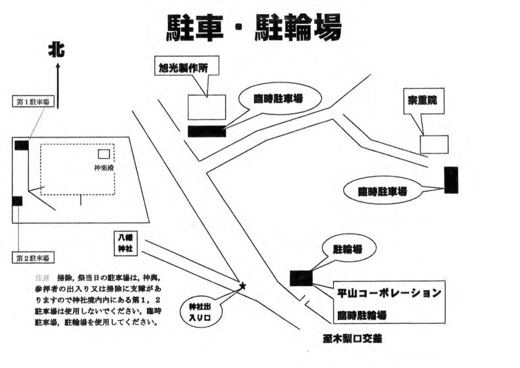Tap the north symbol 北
click(x=57, y=50)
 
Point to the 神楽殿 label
click(x=103, y=166)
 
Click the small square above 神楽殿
click(x=104, y=154)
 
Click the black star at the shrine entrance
click(x=242, y=286)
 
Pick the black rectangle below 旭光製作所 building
click(x=207, y=131)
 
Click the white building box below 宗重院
click(x=434, y=144)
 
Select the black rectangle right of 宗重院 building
click(x=451, y=180)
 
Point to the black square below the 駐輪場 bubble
click(x=301, y=278)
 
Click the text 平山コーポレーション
click(x=389, y=293)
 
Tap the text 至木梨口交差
click(x=357, y=338)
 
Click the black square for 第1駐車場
click(x=21, y=145)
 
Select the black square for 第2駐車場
click(x=17, y=201)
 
